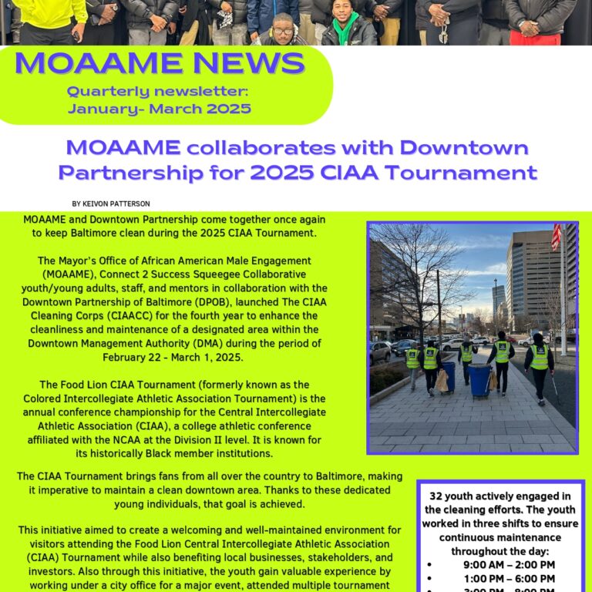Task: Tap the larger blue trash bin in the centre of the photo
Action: (480, 380)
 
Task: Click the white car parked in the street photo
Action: (452, 345)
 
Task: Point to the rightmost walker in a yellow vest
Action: (539, 362)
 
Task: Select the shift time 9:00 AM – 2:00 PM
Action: (509, 565)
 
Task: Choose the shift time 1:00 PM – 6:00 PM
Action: (509, 579)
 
